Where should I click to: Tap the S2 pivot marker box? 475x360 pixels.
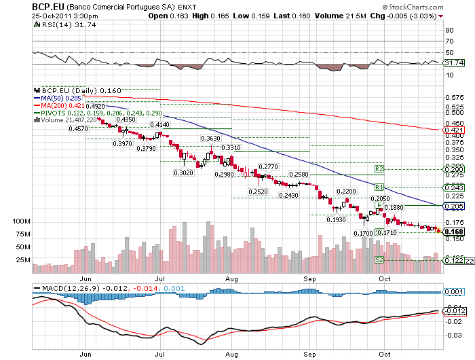click(379, 259)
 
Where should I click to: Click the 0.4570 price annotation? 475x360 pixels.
click(77, 129)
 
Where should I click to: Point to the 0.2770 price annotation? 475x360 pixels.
click(269, 166)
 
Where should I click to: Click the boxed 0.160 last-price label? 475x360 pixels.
click(454, 232)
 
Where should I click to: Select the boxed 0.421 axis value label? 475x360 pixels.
click(453, 130)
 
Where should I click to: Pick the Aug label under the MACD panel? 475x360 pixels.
click(232, 354)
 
